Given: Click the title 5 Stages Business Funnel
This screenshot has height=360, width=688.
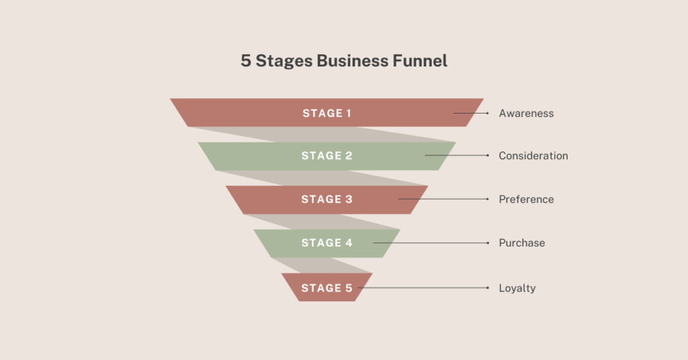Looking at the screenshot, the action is (344, 61).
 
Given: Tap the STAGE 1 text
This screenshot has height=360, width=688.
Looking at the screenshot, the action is (327, 113).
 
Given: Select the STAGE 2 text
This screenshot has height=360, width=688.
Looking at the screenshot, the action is (327, 156).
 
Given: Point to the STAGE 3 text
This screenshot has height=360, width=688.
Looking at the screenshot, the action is (327, 199).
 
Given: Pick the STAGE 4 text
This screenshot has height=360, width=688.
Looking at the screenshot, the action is (327, 243).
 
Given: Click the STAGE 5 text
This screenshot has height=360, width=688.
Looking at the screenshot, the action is (327, 288).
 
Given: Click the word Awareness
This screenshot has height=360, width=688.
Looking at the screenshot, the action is (526, 114).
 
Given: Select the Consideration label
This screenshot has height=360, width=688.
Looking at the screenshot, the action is (533, 156).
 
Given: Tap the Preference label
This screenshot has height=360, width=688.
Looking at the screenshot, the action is (526, 199).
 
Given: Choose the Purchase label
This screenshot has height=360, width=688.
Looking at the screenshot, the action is (521, 243).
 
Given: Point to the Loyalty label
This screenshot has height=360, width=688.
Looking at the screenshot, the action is (517, 288).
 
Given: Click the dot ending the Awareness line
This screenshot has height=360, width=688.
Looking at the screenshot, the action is (488, 113).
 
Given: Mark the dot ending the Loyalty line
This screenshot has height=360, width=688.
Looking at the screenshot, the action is (488, 287).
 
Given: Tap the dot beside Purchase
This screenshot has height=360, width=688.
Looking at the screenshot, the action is (488, 243).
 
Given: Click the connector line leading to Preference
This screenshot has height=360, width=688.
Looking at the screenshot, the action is (443, 199).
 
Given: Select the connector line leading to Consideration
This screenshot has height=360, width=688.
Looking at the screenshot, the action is (456, 155).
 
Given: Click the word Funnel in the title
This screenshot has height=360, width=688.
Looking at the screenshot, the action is (420, 60).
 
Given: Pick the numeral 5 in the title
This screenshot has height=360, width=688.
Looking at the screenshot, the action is (246, 61).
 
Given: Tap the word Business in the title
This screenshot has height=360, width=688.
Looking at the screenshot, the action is (352, 60).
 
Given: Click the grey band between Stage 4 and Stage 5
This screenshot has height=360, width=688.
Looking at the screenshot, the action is (322, 265).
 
